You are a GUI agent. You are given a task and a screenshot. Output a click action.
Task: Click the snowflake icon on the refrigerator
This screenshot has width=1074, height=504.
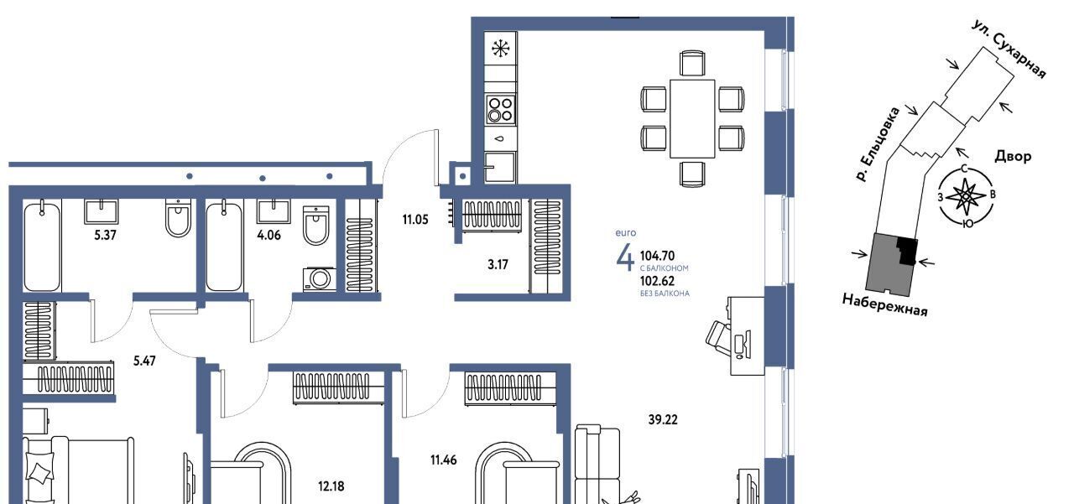coord(501,49)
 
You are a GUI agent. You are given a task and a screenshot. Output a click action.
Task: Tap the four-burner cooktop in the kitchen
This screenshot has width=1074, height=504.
coord(501,110)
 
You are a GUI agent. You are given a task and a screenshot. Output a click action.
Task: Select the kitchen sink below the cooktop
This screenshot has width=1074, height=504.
coord(500,167)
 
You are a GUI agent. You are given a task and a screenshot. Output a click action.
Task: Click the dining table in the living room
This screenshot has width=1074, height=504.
coord(692,119)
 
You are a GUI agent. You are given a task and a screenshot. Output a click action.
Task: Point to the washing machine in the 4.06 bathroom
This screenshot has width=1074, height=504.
coord(317,278)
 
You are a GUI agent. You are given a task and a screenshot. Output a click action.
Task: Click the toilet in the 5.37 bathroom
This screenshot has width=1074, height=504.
coord(179,218)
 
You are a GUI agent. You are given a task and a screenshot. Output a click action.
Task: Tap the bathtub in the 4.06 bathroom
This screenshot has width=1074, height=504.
coord(224,247)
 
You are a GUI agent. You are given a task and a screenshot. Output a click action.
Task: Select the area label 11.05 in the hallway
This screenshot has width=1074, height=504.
coord(415,220)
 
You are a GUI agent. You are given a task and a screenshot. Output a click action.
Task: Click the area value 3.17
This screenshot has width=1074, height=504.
coord(498,264)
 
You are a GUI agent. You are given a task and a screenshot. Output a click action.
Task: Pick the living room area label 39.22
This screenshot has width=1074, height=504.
coord(663,419)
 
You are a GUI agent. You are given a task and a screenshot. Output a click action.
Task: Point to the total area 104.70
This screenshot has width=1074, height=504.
coord(657,256)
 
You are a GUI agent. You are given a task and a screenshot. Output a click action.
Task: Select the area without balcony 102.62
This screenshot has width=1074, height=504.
coord(657,281)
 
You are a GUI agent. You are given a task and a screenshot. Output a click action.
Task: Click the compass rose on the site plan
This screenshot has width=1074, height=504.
coord(965,195)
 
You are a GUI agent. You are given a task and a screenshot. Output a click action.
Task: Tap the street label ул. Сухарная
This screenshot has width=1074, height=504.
coord(1009,49)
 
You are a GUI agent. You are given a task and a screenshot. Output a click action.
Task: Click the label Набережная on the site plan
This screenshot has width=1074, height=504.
coord(885,305)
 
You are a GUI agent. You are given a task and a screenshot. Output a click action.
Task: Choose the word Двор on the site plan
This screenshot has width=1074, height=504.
coord(1013,156)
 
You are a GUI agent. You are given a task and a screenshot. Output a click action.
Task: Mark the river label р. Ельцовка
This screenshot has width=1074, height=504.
coord(878,145)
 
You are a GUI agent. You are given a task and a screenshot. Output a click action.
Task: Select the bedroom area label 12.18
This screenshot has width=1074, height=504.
coord(331,486)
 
